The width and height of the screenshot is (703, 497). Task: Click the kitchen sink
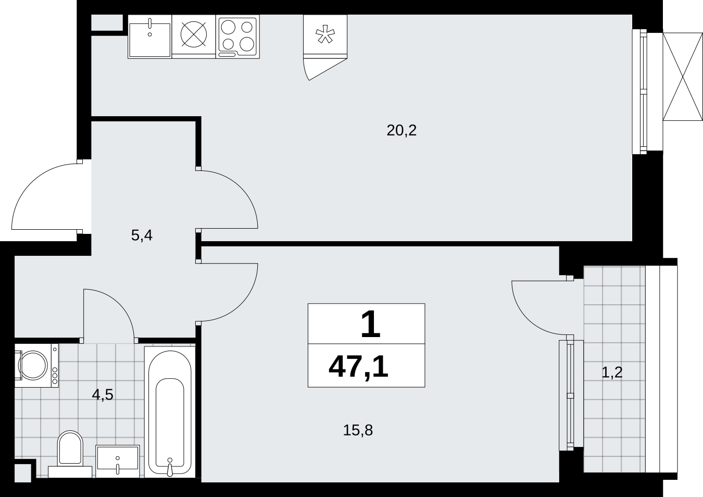pyautogui.click(x=149, y=36)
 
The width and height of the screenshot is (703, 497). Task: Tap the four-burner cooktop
pyautogui.click(x=237, y=36)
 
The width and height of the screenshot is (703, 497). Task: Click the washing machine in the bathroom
pyautogui.click(x=36, y=365)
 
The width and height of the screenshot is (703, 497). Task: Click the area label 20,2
pyautogui.click(x=401, y=130)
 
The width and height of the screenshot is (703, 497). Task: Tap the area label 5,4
pyautogui.click(x=142, y=235)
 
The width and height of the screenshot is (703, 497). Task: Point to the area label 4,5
pyautogui.click(x=103, y=395)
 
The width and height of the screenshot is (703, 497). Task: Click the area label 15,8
pyautogui.click(x=358, y=430)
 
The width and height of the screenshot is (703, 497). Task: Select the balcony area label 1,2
pyautogui.click(x=612, y=372)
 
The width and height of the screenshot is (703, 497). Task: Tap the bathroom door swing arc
pyautogui.click(x=120, y=306)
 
